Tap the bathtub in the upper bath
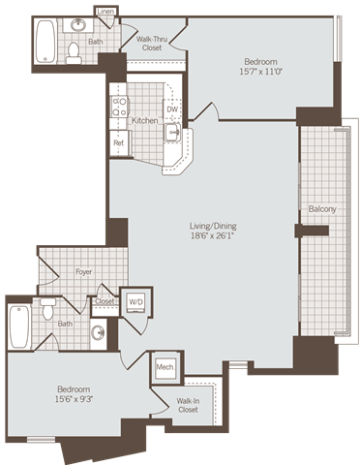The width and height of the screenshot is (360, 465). [45, 41]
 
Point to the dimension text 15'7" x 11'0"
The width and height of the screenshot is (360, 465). [258, 71]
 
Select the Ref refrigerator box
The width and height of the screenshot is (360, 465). [118, 143]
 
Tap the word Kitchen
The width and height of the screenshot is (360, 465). [144, 120]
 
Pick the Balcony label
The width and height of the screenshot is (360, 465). [321, 208]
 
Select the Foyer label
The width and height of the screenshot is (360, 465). [84, 272]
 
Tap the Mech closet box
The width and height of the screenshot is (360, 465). [164, 369]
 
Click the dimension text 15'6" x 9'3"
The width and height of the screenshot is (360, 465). [73, 398]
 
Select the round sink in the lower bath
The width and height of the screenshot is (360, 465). [98, 332]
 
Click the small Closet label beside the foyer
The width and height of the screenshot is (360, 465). [104, 301]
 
